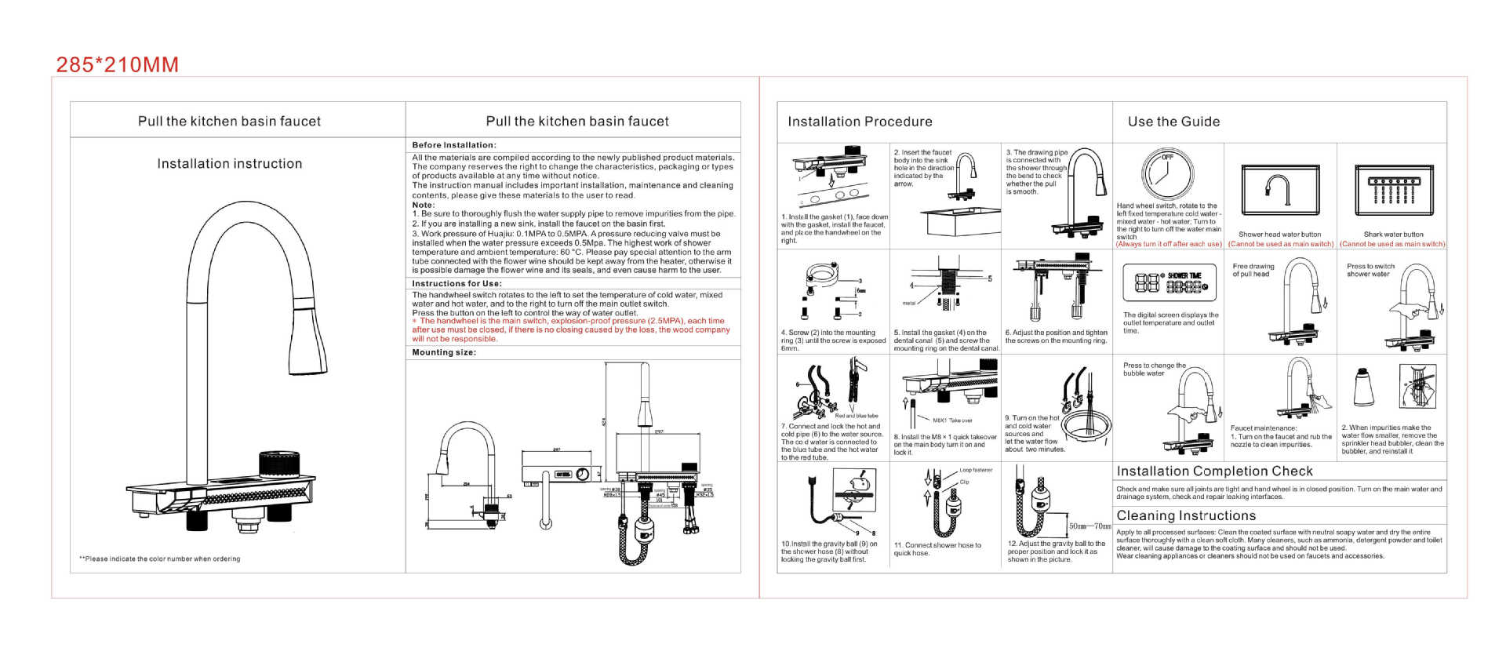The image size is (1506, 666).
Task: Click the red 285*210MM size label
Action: click(118, 65)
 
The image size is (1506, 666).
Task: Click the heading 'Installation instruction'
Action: click(229, 164)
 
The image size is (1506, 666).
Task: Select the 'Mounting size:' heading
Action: click(444, 352)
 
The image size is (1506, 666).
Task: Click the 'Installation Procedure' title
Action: click(860, 122)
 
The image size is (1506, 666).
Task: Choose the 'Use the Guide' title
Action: click(1173, 122)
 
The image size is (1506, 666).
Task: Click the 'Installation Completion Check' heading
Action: click(1214, 471)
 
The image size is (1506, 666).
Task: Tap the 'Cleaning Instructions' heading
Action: click(1186, 516)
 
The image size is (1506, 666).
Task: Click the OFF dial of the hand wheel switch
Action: click(1167, 173)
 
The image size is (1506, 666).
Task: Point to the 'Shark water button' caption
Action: click(1393, 235)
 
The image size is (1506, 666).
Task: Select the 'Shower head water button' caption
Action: click(1279, 235)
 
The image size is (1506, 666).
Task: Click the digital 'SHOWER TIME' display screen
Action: click(1169, 282)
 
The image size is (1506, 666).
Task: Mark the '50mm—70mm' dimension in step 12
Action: click(1089, 526)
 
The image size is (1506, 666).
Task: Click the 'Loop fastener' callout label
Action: click(976, 471)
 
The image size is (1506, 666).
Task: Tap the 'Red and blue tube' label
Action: click(857, 416)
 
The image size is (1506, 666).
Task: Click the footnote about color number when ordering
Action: click(159, 559)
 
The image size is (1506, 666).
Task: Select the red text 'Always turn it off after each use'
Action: click(1169, 244)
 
